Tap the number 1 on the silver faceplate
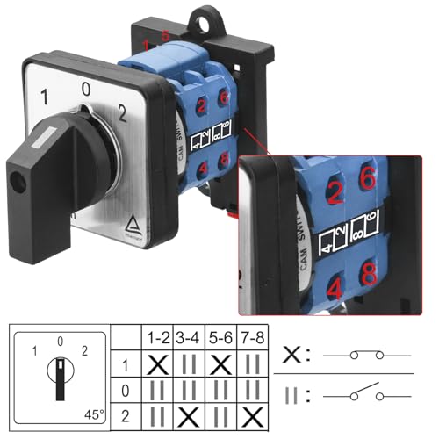click(44, 96)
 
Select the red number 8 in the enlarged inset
click(370, 271)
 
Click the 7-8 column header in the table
click(252, 337)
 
